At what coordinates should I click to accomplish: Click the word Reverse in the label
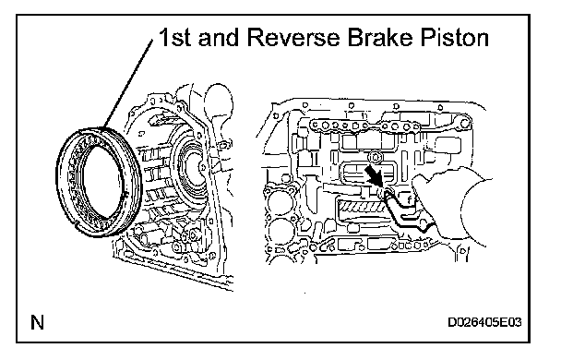(x=292, y=37)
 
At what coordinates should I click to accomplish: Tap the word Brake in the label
(x=381, y=37)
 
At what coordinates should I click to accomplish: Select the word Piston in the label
(x=454, y=37)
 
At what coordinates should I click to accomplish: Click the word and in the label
(x=219, y=37)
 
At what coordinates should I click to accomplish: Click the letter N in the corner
(x=37, y=322)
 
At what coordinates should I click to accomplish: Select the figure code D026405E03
(x=484, y=322)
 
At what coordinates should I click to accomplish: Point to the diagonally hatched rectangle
(x=361, y=207)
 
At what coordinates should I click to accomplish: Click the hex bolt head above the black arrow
(x=375, y=157)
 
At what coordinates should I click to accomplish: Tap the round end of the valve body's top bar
(x=464, y=124)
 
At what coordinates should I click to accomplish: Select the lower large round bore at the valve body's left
(x=280, y=230)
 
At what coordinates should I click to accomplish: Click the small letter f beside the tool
(x=410, y=198)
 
